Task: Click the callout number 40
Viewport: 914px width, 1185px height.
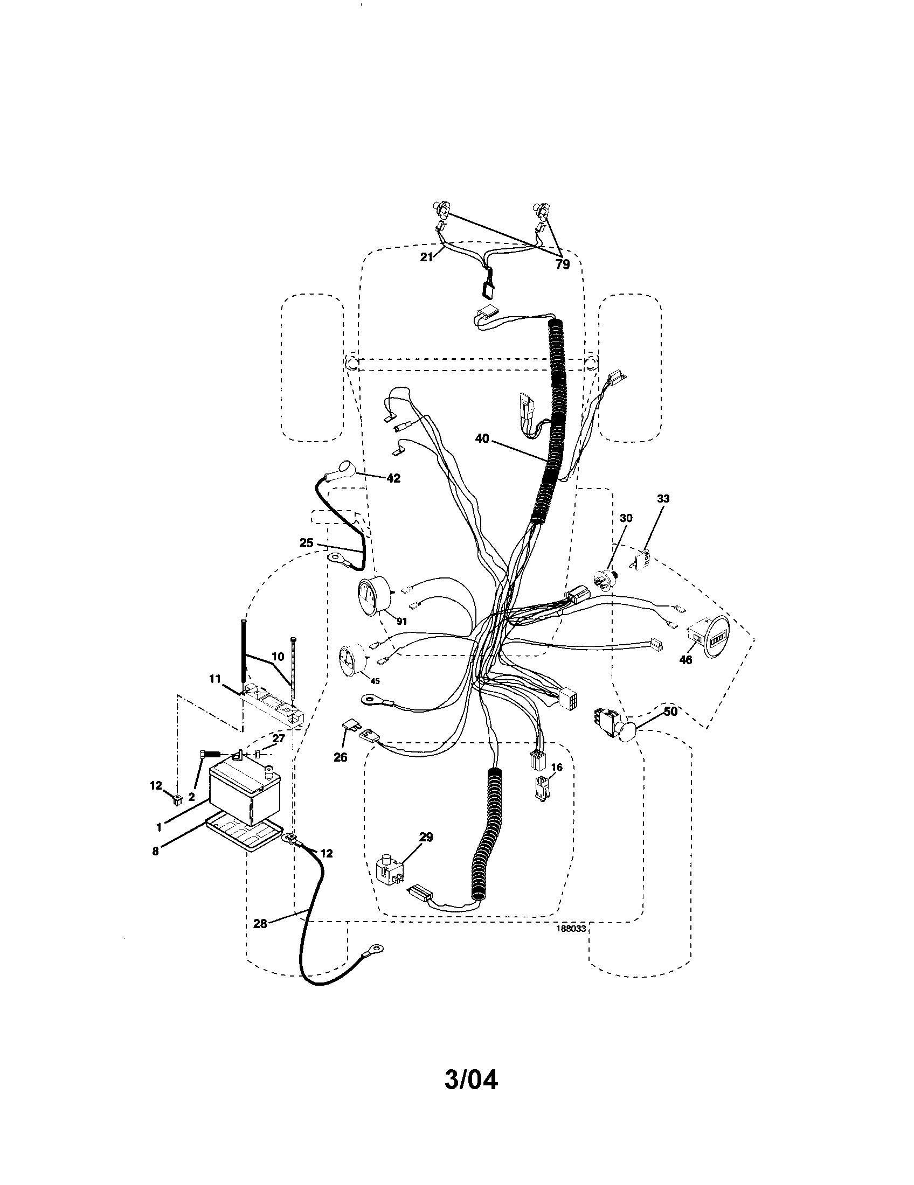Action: click(482, 438)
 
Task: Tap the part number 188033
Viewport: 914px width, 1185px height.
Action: click(570, 929)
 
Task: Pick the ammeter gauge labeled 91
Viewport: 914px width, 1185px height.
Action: click(373, 598)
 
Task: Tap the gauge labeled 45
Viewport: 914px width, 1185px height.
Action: click(351, 660)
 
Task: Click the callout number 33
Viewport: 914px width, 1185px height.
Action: click(663, 499)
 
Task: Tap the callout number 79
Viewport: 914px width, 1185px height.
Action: click(563, 265)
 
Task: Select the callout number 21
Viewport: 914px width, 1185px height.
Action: click(427, 257)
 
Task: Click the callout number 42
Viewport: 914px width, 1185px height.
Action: click(393, 478)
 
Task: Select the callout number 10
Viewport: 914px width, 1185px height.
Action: click(278, 656)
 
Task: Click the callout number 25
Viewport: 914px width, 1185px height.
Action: click(307, 542)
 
